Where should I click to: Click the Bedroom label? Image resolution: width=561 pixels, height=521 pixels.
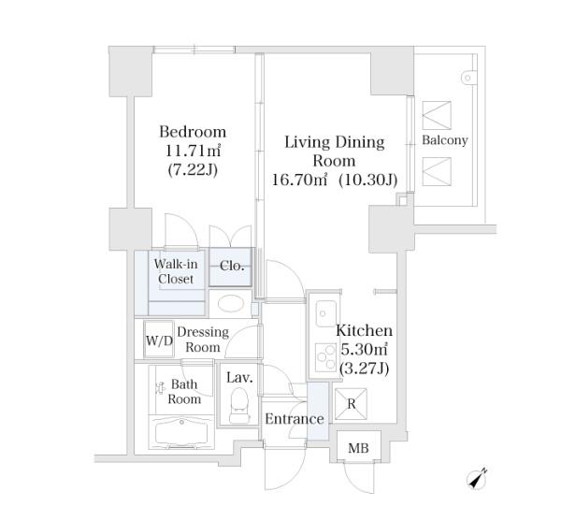click(x=193, y=132)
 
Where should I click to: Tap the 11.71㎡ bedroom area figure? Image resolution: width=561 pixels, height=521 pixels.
click(x=193, y=151)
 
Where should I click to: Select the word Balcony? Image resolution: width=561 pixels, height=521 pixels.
click(x=445, y=140)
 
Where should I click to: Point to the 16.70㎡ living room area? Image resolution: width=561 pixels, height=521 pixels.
click(x=299, y=180)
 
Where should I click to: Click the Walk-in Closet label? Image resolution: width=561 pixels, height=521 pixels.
click(x=176, y=271)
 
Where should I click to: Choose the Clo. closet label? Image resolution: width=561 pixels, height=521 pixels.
click(x=232, y=266)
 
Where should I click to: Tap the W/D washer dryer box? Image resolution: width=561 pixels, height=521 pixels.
click(x=159, y=340)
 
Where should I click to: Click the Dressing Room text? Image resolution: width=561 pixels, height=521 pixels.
click(x=203, y=340)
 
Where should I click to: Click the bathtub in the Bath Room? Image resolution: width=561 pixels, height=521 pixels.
click(x=181, y=433)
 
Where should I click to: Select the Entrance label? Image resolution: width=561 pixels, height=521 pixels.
click(x=295, y=419)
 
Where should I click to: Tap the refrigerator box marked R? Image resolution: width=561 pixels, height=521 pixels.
click(x=351, y=404)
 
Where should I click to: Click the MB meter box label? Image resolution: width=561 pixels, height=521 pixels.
click(x=358, y=448)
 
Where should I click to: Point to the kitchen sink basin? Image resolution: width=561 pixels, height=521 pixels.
click(x=326, y=313)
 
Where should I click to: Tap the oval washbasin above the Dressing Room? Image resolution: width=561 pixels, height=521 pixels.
click(x=231, y=304)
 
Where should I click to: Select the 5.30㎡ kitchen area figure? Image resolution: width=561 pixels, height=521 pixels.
click(x=365, y=349)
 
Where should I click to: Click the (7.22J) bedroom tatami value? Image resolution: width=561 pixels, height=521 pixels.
click(x=193, y=169)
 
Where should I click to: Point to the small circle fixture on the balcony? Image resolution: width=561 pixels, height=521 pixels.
click(x=467, y=78)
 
